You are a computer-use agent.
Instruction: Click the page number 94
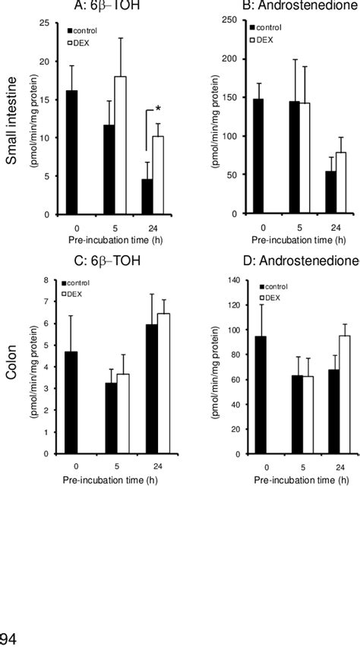[9, 639]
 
